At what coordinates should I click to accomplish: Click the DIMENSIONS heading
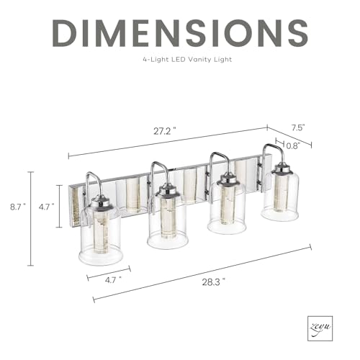(x=180, y=33)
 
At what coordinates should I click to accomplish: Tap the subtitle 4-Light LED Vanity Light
(x=187, y=59)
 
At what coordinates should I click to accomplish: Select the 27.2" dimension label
(x=165, y=131)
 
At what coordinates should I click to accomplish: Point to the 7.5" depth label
(x=298, y=127)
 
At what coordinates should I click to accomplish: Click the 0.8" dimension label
(x=293, y=145)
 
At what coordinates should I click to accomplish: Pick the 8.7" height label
(x=18, y=207)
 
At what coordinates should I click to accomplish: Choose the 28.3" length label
(x=214, y=282)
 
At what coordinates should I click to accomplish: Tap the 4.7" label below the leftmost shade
(x=113, y=280)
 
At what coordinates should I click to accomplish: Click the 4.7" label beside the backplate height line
(x=46, y=207)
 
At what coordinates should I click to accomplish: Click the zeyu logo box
(x=320, y=328)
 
